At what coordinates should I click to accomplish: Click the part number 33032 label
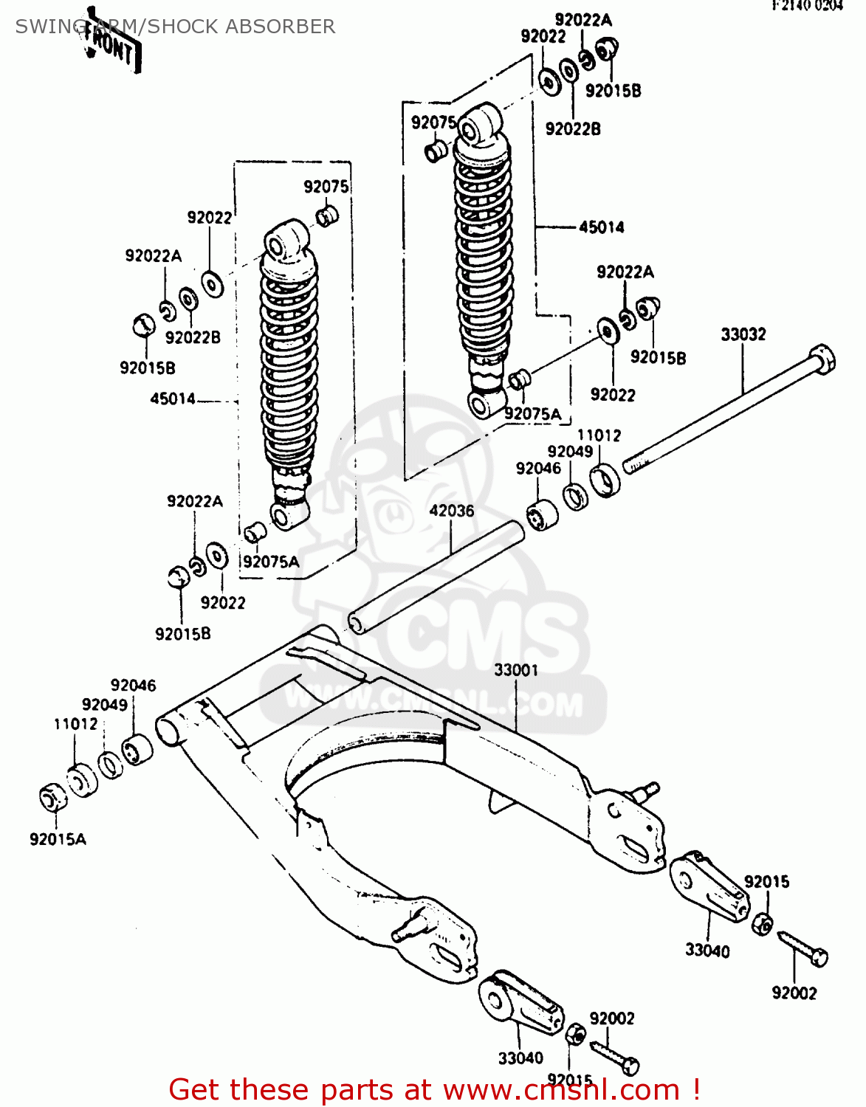(743, 334)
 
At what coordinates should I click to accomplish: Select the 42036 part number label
(451, 511)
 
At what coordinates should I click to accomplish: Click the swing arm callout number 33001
(516, 670)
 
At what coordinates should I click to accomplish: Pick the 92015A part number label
(58, 839)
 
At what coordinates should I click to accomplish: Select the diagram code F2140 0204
(807, 6)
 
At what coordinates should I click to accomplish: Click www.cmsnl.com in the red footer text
(561, 1090)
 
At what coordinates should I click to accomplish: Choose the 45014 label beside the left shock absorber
(173, 399)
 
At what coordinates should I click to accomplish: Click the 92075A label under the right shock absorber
(532, 415)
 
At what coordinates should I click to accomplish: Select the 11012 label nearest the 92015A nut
(75, 724)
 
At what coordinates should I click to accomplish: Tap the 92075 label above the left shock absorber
(326, 187)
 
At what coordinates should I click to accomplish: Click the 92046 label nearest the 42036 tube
(538, 469)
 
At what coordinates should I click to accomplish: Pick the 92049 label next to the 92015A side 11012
(105, 705)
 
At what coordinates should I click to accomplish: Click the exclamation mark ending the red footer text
(695, 1090)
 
